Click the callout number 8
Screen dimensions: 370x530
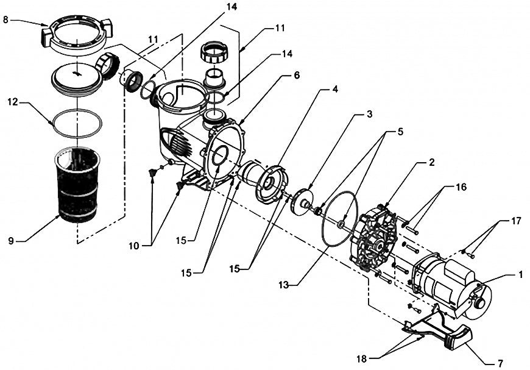click(x=6, y=20)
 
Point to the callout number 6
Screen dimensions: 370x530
click(x=297, y=74)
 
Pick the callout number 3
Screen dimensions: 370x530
click(x=369, y=114)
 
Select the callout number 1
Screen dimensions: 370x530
click(x=520, y=275)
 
